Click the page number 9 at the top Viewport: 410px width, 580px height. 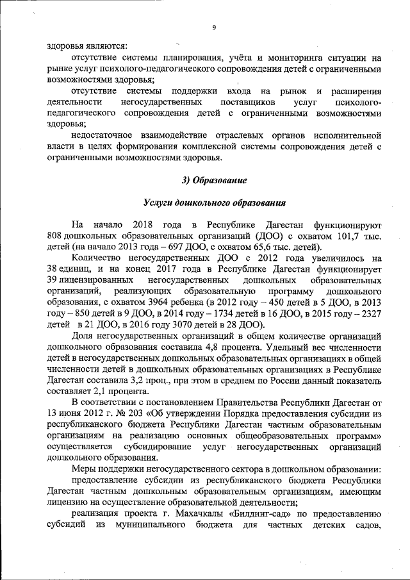click(x=214, y=26)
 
